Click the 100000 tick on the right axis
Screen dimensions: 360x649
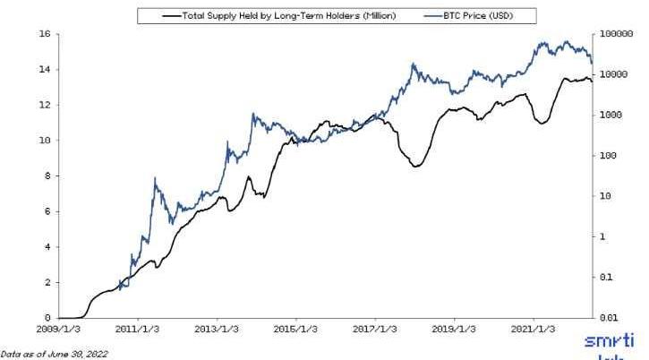coord(615,34)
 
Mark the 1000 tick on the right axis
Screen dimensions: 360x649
coord(611,116)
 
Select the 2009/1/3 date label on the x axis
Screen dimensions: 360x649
coord(59,330)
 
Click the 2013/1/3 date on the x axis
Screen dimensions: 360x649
coord(218,330)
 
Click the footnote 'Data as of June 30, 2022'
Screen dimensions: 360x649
coord(54,354)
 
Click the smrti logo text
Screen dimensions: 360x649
coord(609,341)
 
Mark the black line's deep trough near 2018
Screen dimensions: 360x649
coord(416,167)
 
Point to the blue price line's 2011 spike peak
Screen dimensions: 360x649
coord(156,179)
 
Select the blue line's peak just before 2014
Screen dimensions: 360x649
coord(253,114)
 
